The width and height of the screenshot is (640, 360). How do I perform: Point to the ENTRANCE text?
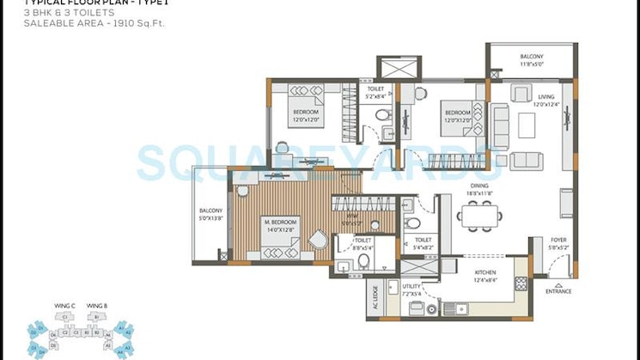tap(558, 291)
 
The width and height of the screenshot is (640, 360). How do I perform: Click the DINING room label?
tap(479, 186)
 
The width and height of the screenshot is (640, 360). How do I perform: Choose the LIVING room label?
tap(546, 97)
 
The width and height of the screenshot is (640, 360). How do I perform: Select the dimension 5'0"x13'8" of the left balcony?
tap(210, 218)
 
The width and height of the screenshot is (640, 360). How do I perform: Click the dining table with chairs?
tap(478, 216)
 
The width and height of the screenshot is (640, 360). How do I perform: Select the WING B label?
tap(99, 306)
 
